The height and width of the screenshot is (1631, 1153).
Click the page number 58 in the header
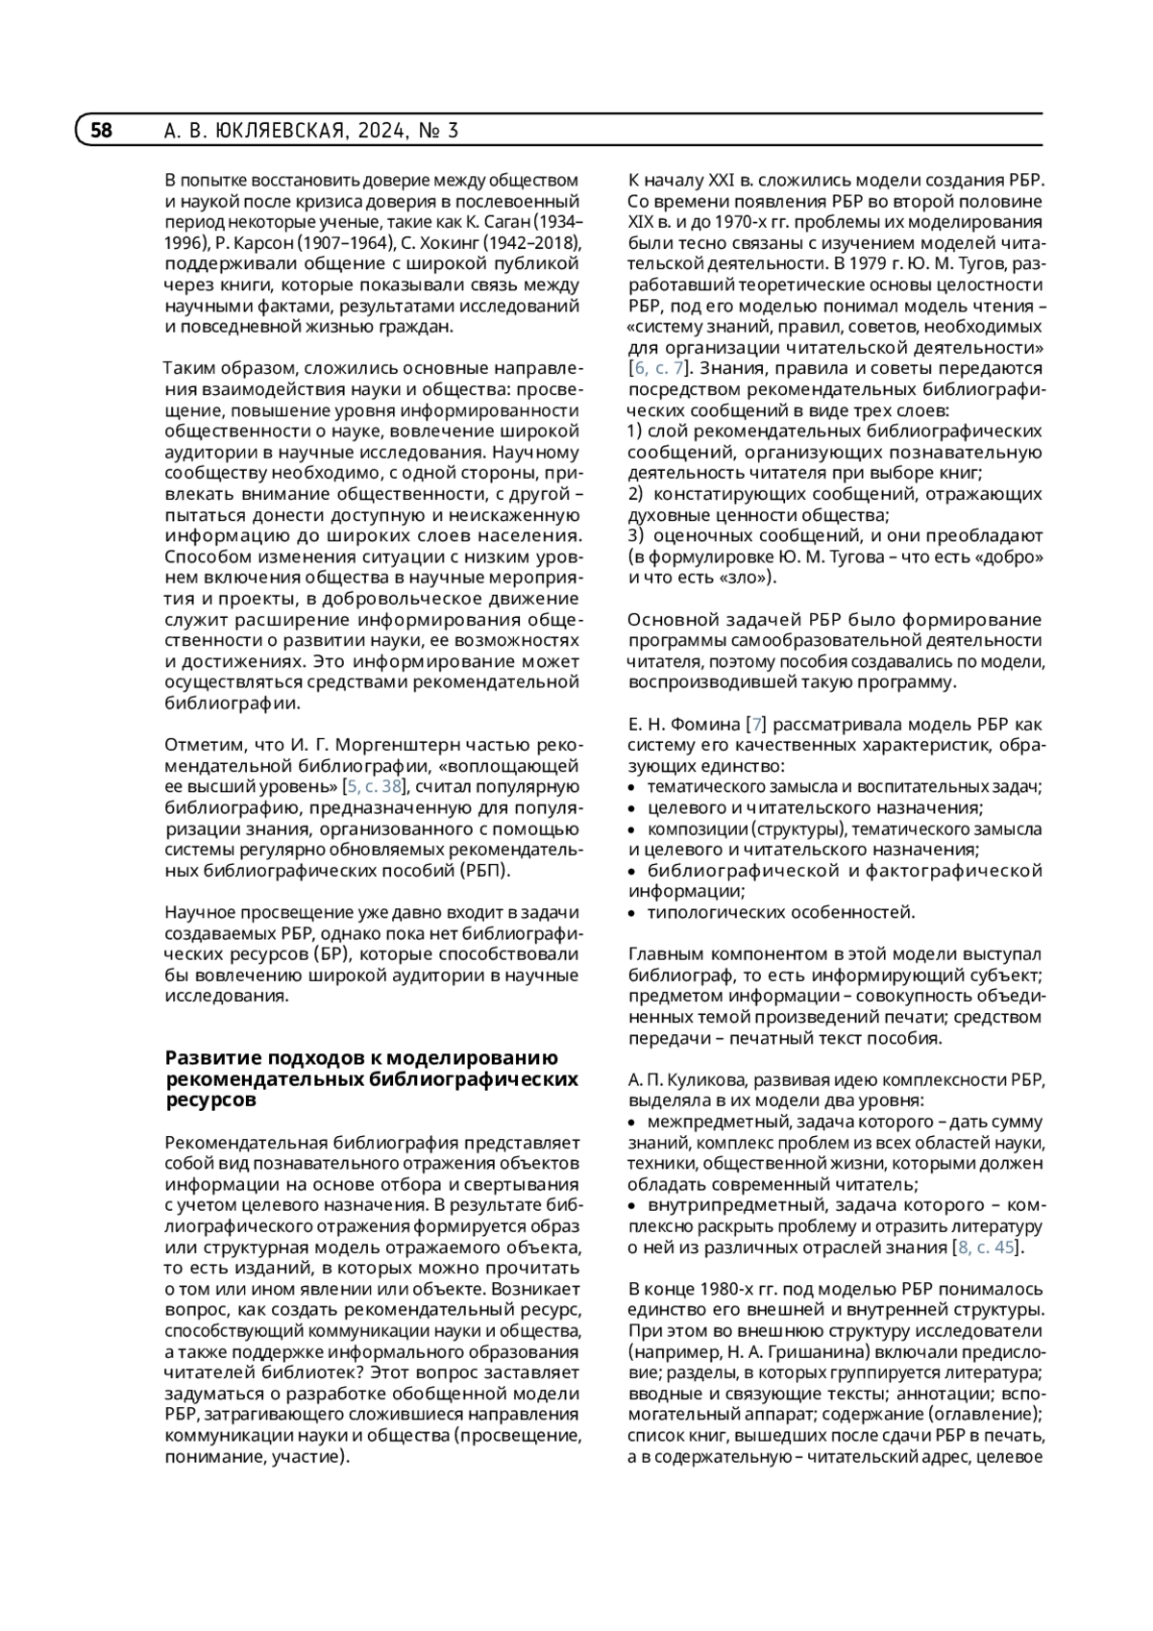[x=102, y=131]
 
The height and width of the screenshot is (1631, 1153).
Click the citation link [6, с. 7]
[x=657, y=368]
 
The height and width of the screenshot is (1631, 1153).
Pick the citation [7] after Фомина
[x=757, y=724]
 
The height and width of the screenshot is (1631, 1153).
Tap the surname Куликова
[x=699, y=1079]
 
